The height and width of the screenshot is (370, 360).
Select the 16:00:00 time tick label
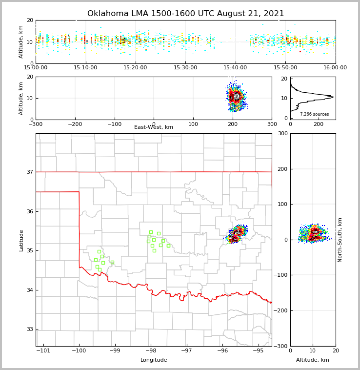(335, 68)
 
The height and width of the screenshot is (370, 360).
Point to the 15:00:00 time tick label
(36, 68)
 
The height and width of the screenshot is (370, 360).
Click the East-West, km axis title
(154, 127)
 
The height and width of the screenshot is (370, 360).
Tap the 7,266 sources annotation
(314, 114)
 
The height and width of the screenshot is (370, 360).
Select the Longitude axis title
(154, 360)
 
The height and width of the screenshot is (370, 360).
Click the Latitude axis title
(21, 240)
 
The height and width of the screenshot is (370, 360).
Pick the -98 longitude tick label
(150, 350)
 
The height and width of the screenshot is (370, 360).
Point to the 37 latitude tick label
(29, 172)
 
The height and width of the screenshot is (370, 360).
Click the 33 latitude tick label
(29, 329)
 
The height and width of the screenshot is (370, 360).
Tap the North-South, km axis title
(340, 240)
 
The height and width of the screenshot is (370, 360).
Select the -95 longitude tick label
(258, 350)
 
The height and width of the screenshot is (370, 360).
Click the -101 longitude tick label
(43, 350)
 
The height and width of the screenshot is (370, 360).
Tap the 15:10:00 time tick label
(86, 68)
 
